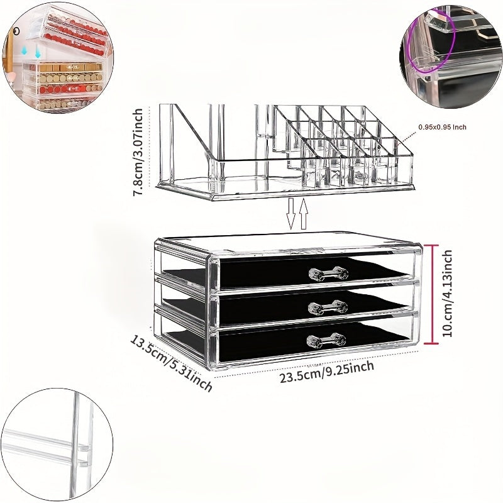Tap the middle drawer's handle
pos(328,307)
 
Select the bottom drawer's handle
pos(327,341)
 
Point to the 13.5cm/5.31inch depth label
pos(171,363)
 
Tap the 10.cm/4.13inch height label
pos(448,293)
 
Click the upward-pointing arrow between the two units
pos(304,214)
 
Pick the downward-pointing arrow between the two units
pos(291,214)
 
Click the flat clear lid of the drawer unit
pos(289,243)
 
